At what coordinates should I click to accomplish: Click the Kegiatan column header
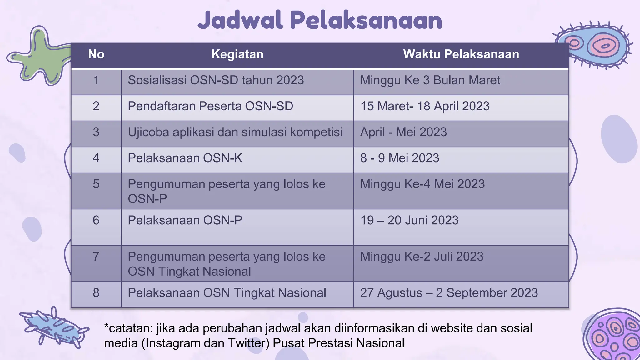coord(237,54)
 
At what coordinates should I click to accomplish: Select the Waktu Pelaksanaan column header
coord(461,54)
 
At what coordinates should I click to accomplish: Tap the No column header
coord(96,54)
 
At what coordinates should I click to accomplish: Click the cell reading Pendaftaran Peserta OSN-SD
coord(210,106)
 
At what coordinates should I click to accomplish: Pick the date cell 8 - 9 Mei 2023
coord(400,158)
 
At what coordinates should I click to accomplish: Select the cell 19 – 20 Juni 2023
coord(409,220)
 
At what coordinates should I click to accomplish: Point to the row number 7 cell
coord(96,257)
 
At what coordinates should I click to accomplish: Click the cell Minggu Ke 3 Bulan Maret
coord(430,80)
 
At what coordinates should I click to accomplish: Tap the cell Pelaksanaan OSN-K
coord(185,158)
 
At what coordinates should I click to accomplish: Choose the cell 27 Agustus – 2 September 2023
coord(449,293)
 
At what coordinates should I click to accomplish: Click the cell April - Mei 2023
coord(403,132)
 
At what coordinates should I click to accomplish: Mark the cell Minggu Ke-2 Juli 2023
coord(422,257)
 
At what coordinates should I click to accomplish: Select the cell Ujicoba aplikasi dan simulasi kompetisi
coord(235,132)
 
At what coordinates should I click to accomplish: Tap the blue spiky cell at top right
coord(594,45)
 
